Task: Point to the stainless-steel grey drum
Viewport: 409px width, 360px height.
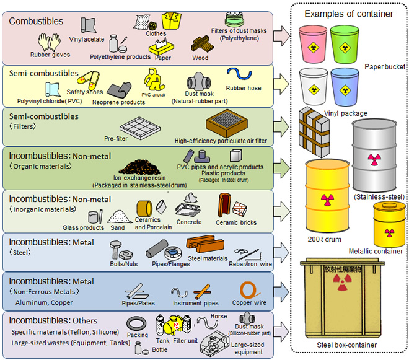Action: coord(373,155)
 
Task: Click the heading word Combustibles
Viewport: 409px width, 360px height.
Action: coord(36,21)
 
